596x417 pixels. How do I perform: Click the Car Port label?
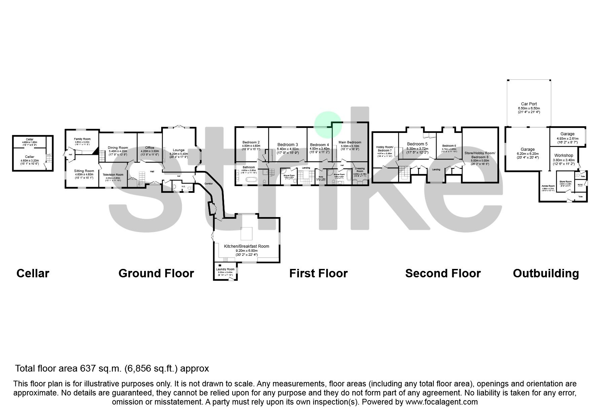click(529, 104)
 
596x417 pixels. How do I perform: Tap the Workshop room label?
click(564, 155)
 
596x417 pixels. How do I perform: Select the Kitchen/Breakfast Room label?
click(246, 246)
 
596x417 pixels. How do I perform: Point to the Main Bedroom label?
click(350, 142)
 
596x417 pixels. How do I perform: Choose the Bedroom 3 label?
click(287, 145)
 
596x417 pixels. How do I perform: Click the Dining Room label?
click(118, 147)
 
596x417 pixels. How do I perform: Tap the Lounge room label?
click(179, 150)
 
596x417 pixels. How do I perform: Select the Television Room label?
click(113, 175)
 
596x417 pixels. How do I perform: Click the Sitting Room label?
click(84, 171)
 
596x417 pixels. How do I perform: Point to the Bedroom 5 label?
click(417, 144)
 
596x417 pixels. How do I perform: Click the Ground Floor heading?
click(156, 273)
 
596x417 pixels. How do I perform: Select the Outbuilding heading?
click(546, 273)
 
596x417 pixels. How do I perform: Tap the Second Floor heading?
click(443, 273)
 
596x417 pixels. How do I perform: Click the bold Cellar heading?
click(33, 273)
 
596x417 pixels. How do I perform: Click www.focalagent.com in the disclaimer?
click(442, 402)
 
